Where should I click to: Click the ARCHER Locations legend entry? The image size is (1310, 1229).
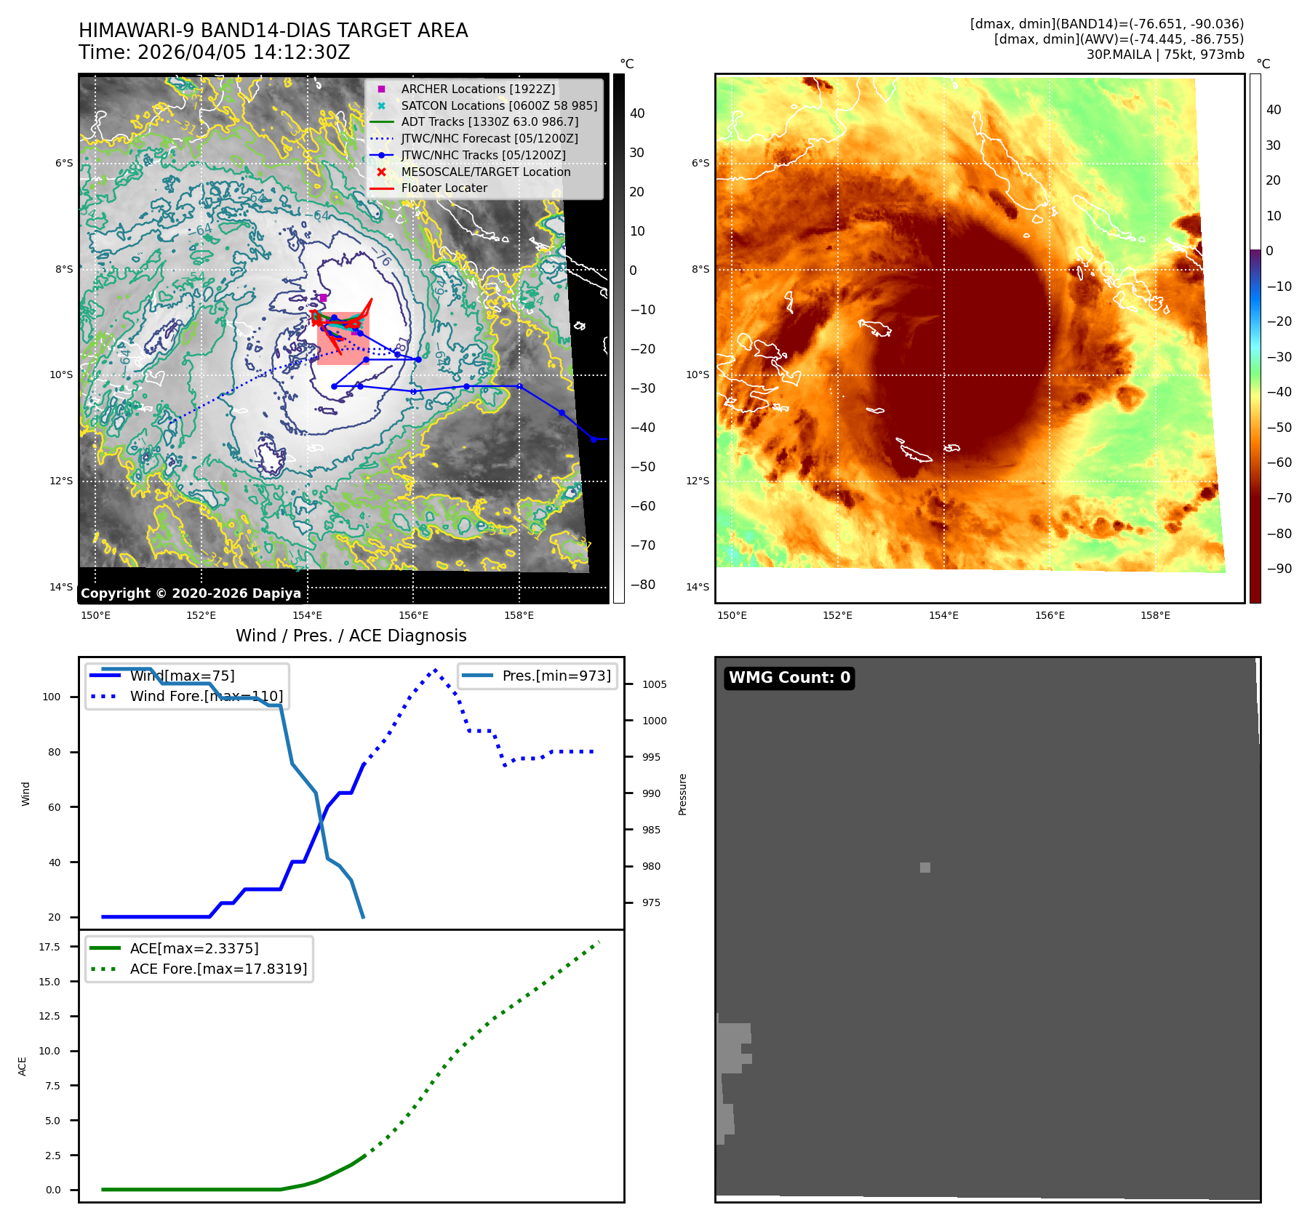click(x=478, y=89)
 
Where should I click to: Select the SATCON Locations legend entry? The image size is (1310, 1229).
click(x=499, y=105)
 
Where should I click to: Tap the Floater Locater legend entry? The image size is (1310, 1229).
click(x=444, y=188)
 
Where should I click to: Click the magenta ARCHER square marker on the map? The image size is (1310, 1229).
click(x=323, y=297)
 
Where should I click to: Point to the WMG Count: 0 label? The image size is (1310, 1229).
click(x=789, y=678)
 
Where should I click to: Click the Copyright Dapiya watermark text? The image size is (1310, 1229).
click(x=191, y=593)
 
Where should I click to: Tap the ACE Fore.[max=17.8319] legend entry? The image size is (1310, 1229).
click(x=218, y=969)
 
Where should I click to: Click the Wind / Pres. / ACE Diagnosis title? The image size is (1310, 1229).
click(x=351, y=636)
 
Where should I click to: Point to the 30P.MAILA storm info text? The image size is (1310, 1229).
click(x=1165, y=55)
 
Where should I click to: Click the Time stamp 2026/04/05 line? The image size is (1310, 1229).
click(x=215, y=52)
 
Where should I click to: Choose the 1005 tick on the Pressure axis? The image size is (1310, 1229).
click(x=654, y=684)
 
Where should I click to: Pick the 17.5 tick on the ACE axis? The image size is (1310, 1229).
click(x=49, y=947)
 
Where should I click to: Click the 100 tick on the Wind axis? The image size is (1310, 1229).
click(x=52, y=697)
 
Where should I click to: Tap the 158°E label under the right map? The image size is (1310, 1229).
click(x=1155, y=615)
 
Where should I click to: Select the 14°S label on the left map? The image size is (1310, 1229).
click(x=61, y=587)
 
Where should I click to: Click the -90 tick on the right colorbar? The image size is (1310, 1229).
click(x=1279, y=569)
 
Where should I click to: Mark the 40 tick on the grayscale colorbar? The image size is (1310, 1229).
click(x=637, y=113)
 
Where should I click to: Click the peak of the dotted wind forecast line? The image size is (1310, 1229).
click(x=435, y=670)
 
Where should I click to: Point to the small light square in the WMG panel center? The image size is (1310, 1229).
click(x=924, y=867)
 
